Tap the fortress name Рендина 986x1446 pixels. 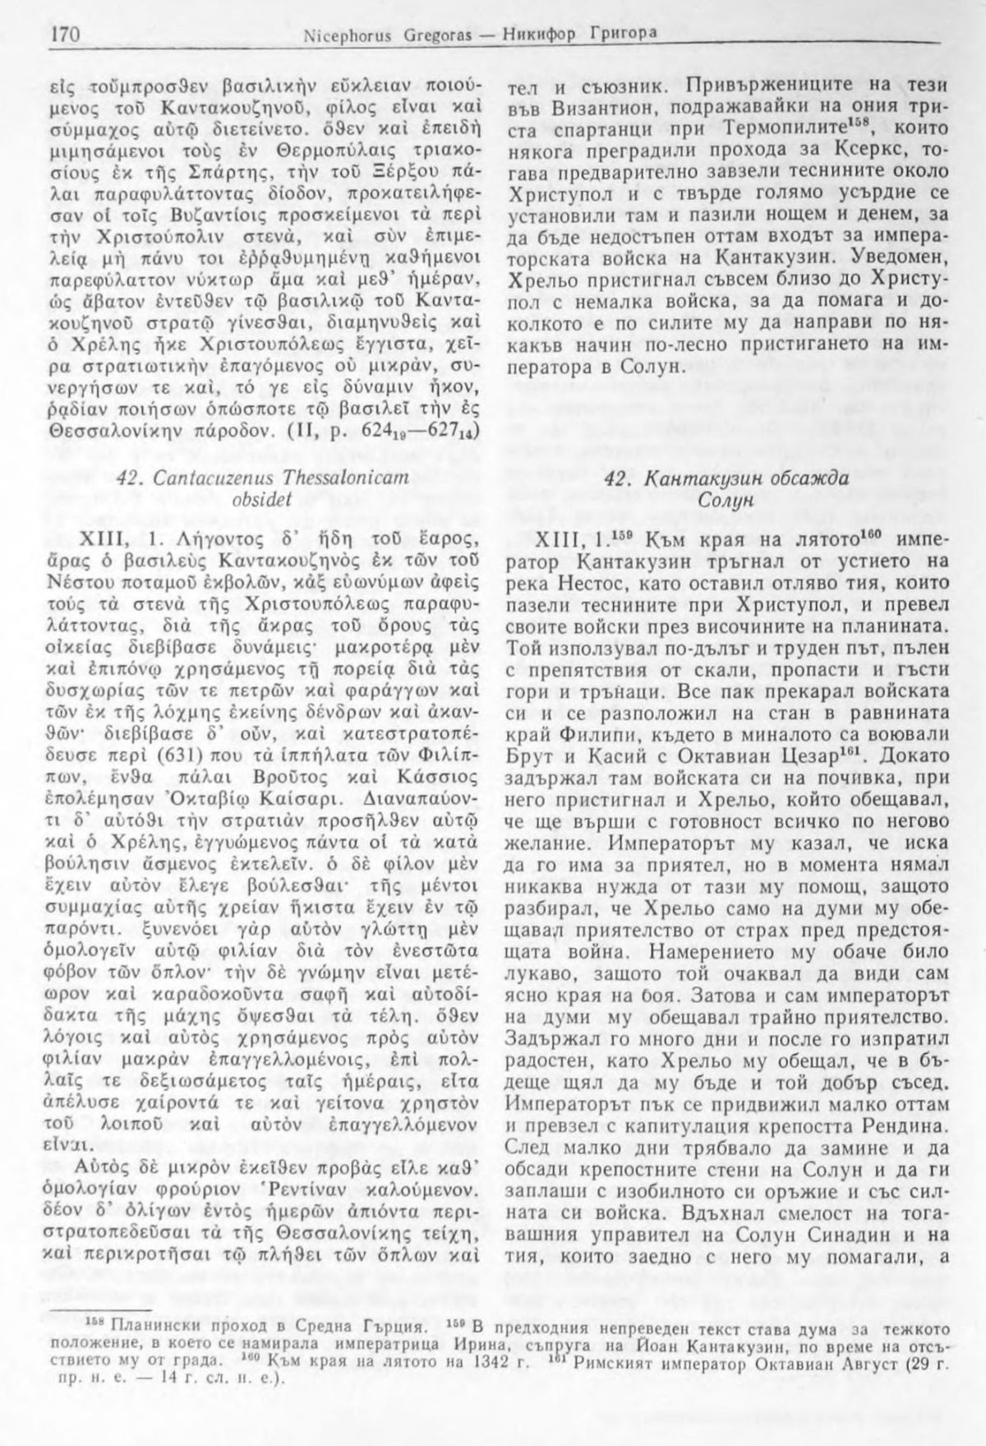(901, 1122)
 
